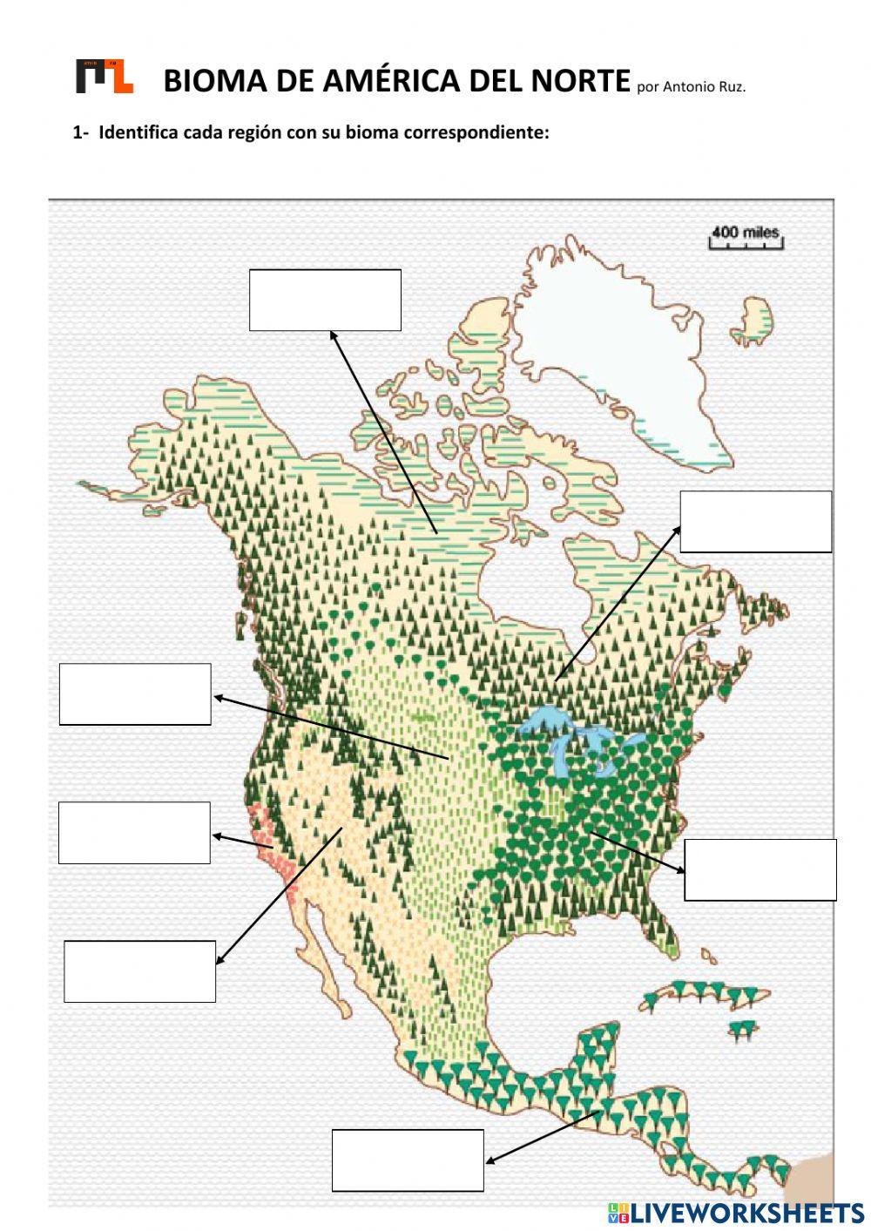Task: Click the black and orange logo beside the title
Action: pos(105,77)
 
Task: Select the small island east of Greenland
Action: pos(756,322)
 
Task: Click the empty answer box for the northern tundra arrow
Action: pos(325,300)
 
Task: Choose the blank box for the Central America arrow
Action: pos(408,1160)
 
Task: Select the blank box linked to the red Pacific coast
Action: pos(134,832)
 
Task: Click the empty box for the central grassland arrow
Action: pos(135,693)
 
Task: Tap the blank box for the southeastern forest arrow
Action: pos(760,869)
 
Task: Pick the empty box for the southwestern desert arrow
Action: pos(139,971)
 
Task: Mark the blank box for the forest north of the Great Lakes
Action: pos(755,521)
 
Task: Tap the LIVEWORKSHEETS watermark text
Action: pos(745,1213)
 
